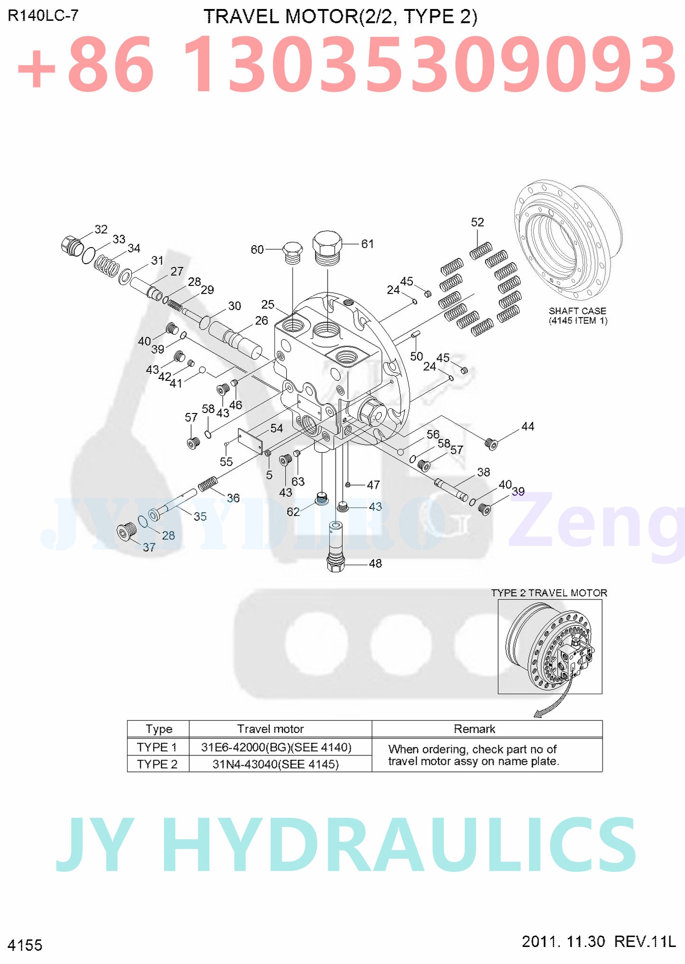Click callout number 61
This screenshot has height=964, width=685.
367,244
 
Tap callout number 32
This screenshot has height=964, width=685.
101,230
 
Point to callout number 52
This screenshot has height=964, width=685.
477,222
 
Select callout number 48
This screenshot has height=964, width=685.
375,563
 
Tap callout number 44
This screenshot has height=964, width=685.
528,427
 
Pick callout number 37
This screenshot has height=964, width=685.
149,547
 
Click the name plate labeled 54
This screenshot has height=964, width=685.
251,441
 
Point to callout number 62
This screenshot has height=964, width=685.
293,512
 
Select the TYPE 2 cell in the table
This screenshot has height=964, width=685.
157,764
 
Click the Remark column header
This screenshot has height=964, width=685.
474,729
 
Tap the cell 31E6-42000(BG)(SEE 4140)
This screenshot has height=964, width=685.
276,747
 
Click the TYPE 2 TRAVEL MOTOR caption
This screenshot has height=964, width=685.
549,593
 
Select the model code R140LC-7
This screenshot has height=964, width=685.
43,16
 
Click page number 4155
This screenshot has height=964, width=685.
25,945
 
